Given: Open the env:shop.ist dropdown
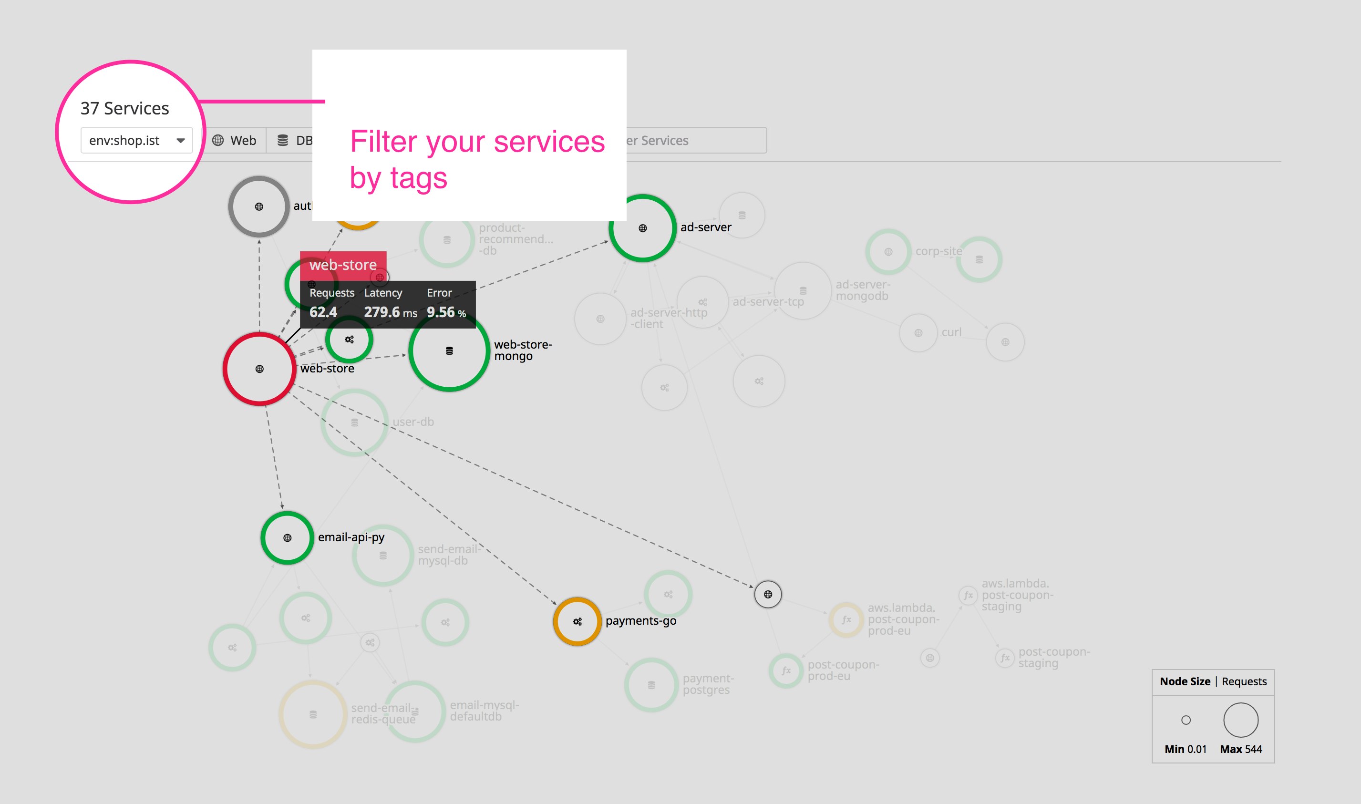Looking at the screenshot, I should [136, 140].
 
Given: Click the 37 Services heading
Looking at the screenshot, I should [124, 108].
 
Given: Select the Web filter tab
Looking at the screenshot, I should [234, 140].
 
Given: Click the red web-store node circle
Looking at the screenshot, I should [259, 369].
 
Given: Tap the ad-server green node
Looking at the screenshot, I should [642, 228].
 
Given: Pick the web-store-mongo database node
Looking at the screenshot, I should [449, 350].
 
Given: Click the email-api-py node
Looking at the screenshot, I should [287, 537].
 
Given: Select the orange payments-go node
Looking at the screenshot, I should [577, 621].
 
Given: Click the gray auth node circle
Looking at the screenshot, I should [259, 206].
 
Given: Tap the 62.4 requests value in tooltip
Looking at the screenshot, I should [323, 312].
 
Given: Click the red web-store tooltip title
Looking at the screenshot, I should [343, 265].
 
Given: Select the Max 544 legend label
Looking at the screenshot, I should [1241, 749].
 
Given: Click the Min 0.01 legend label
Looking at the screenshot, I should [1186, 749].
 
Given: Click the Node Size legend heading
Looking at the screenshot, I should [1185, 681].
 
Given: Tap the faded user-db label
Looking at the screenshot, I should [413, 422].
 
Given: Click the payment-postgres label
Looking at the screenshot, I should [708, 684].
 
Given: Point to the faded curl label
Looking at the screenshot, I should [951, 332].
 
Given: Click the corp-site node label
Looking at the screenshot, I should [938, 251].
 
